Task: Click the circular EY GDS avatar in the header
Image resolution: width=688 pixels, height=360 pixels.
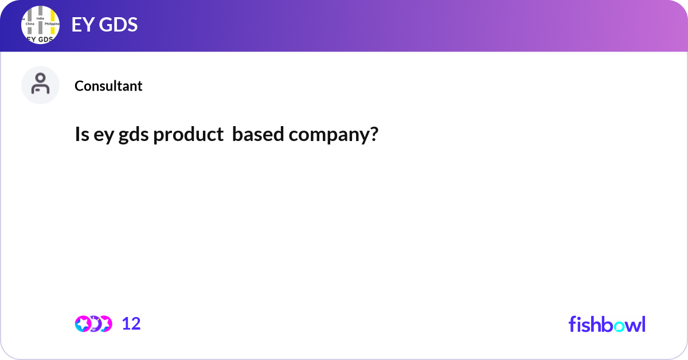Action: click(40, 25)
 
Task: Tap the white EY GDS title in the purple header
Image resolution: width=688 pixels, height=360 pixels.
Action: click(104, 25)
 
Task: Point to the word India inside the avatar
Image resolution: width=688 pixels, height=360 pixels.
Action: click(40, 18)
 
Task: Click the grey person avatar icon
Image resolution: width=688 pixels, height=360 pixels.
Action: click(40, 85)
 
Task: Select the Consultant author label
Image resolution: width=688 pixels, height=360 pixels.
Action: click(108, 86)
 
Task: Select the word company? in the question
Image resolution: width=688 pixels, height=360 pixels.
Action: click(334, 135)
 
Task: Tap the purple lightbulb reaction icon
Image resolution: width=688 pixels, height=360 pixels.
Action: click(94, 324)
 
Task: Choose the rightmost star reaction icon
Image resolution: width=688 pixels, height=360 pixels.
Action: click(105, 324)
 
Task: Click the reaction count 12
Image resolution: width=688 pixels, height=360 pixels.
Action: click(131, 324)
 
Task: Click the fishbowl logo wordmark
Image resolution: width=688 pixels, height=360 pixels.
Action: click(607, 324)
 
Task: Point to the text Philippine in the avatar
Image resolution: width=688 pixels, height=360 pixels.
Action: click(52, 24)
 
